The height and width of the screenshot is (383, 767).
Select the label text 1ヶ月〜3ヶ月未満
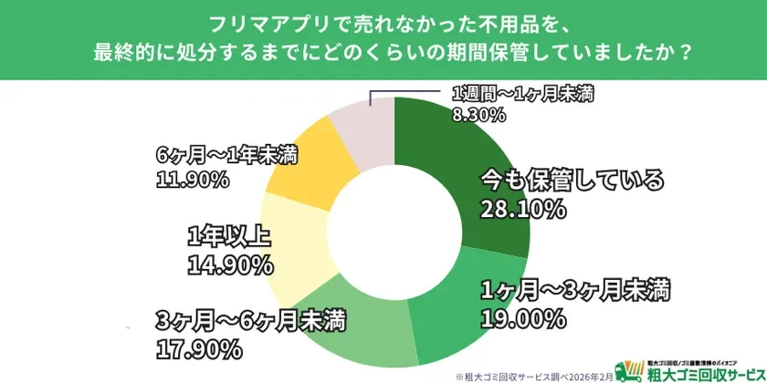pyautogui.click(x=576, y=290)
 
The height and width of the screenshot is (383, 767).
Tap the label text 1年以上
pyautogui.click(x=227, y=236)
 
